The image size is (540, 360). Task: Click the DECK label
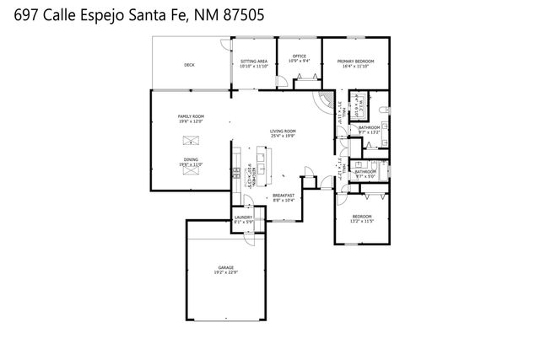coord(189,65)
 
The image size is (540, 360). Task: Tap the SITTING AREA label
coord(254,62)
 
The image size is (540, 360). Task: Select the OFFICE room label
coord(300,56)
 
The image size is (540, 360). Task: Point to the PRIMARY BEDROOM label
coord(356,62)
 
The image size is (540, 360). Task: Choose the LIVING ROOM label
coord(283,131)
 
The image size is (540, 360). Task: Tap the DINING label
coord(191,159)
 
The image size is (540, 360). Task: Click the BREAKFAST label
coord(283,195)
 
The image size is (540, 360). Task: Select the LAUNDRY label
coord(243,218)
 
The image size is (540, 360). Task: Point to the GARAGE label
coord(225,267)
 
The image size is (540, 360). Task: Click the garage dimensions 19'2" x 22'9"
coord(225,272)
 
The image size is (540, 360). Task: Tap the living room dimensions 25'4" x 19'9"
coord(283,136)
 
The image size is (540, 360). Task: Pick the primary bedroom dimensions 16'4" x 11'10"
coord(356,67)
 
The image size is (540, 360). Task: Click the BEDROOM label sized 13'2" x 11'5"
coord(362,217)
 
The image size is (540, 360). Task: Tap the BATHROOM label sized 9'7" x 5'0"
coord(366,171)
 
